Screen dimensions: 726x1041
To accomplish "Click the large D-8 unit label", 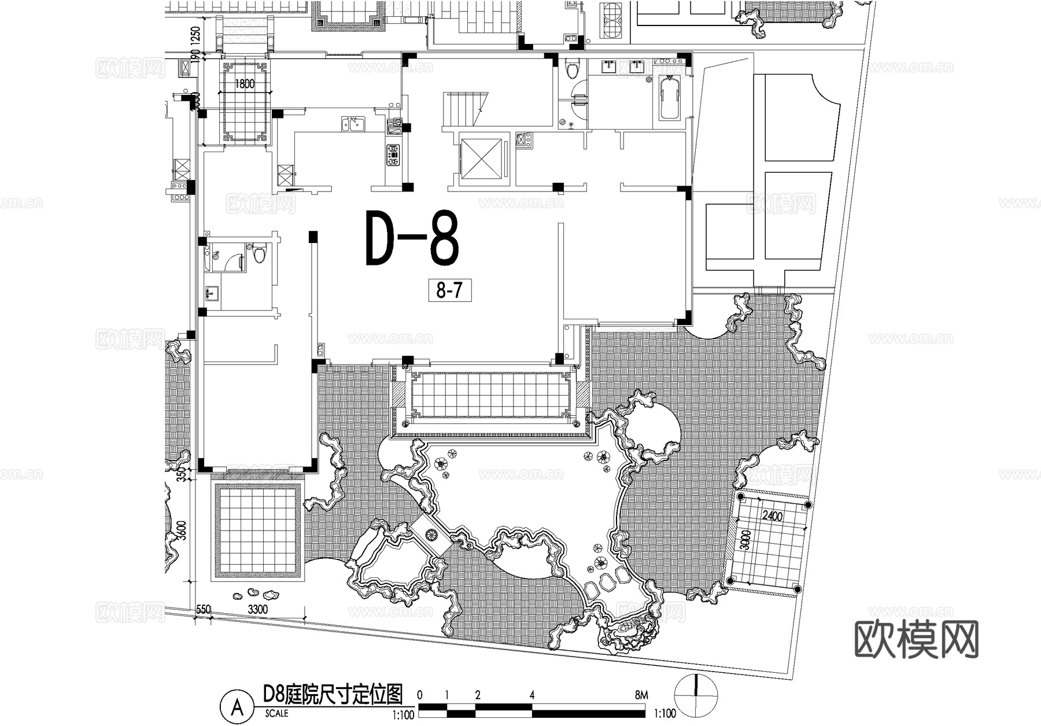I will pyautogui.click(x=412, y=238).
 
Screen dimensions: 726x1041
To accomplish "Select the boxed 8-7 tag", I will pyautogui.click(x=449, y=290).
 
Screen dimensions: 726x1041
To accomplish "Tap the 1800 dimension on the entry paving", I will pyautogui.click(x=244, y=84).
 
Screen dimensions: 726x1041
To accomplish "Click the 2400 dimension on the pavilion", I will pyautogui.click(x=772, y=516).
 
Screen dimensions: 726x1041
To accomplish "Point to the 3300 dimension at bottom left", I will pyautogui.click(x=257, y=609).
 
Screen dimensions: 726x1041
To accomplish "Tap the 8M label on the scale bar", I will pyautogui.click(x=641, y=695).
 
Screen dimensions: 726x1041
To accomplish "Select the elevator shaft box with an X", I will pyautogui.click(x=479, y=158).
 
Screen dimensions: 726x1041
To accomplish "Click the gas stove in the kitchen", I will pyautogui.click(x=393, y=155).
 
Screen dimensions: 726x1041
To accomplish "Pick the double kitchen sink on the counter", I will pyautogui.click(x=352, y=124).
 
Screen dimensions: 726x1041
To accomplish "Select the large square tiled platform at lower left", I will pyautogui.click(x=258, y=530).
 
